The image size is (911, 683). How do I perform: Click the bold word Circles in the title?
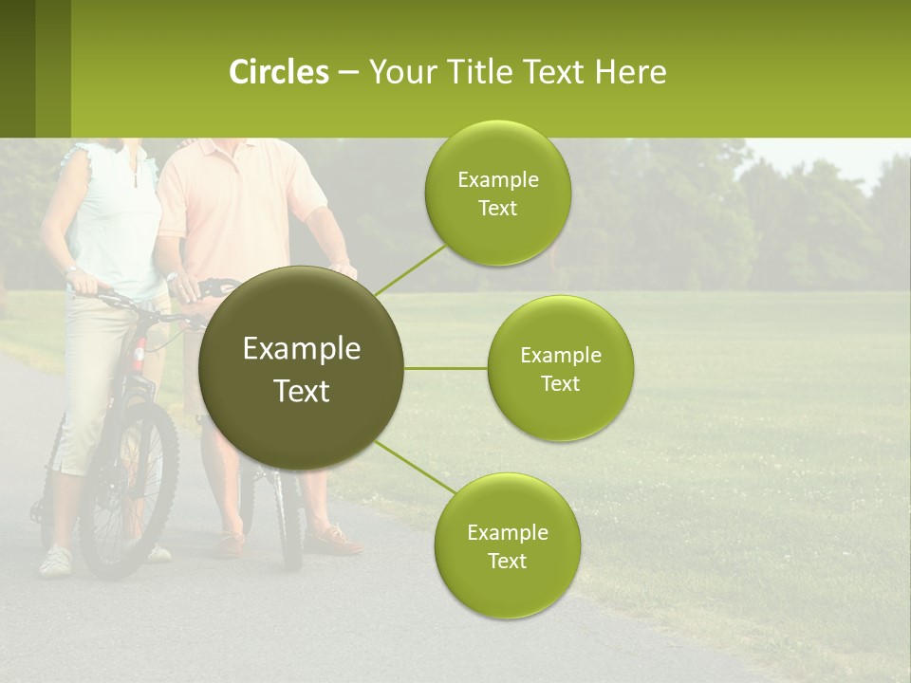click(278, 72)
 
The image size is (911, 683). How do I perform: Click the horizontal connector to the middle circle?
click(445, 368)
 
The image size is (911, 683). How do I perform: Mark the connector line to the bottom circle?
click(416, 466)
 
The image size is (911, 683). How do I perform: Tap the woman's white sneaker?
click(55, 561)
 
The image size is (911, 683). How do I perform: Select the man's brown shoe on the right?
click(334, 541)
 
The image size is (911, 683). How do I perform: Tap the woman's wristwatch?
click(72, 270)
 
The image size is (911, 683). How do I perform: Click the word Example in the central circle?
click(301, 349)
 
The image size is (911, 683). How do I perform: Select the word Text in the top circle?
click(497, 209)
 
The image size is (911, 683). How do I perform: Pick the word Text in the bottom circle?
click(507, 562)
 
